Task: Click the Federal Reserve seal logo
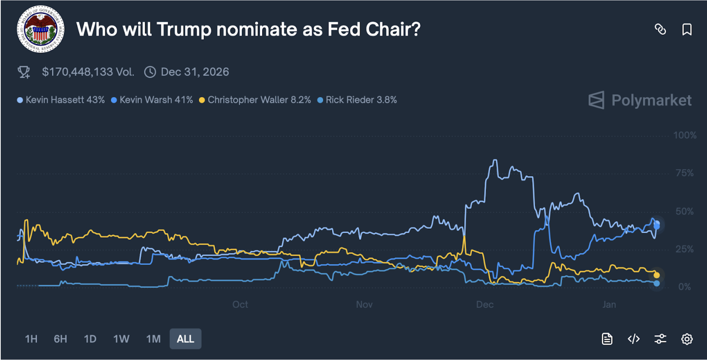41,29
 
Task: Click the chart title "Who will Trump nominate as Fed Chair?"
248,29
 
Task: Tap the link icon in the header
660,29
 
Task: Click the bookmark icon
687,29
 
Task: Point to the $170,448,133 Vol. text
88,72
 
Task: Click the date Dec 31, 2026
194,72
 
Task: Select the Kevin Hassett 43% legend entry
61,100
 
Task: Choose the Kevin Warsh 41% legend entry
152,100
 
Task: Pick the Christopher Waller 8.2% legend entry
255,100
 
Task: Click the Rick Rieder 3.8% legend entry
357,100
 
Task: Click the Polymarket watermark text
651,100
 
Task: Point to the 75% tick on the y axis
684,173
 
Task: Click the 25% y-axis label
684,249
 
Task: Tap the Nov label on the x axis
364,305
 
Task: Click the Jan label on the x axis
609,305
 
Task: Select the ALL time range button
185,339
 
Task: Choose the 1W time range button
121,339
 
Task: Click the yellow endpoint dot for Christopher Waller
656,275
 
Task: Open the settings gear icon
687,339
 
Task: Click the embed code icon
634,339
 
